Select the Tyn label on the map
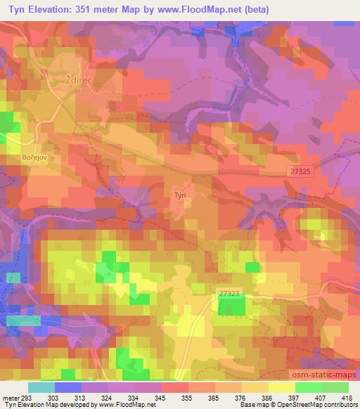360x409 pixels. pyautogui.click(x=180, y=195)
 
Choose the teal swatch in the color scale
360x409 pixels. pyautogui.click(x=41, y=387)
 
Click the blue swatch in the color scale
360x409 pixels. pyautogui.click(x=68, y=387)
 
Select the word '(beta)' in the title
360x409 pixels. pyautogui.click(x=257, y=8)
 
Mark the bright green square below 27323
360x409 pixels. pyautogui.click(x=231, y=305)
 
